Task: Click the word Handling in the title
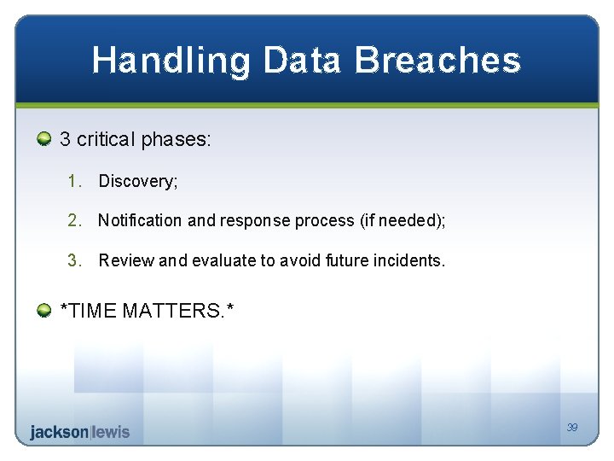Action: point(171,61)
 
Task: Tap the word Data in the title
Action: point(302,60)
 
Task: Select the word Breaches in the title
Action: point(437,60)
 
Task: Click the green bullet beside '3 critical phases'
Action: point(43,139)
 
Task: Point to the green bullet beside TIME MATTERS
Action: point(43,310)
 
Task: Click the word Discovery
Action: point(138,181)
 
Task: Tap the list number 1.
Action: point(74,181)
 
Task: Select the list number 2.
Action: point(74,220)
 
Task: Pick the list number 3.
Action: point(74,260)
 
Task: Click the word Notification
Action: point(140,220)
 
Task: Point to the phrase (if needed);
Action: point(403,220)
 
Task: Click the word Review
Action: point(126,260)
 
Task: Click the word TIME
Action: point(91,310)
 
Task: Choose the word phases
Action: point(176,139)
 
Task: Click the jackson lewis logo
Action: point(80,432)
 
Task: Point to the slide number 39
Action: point(572,427)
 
